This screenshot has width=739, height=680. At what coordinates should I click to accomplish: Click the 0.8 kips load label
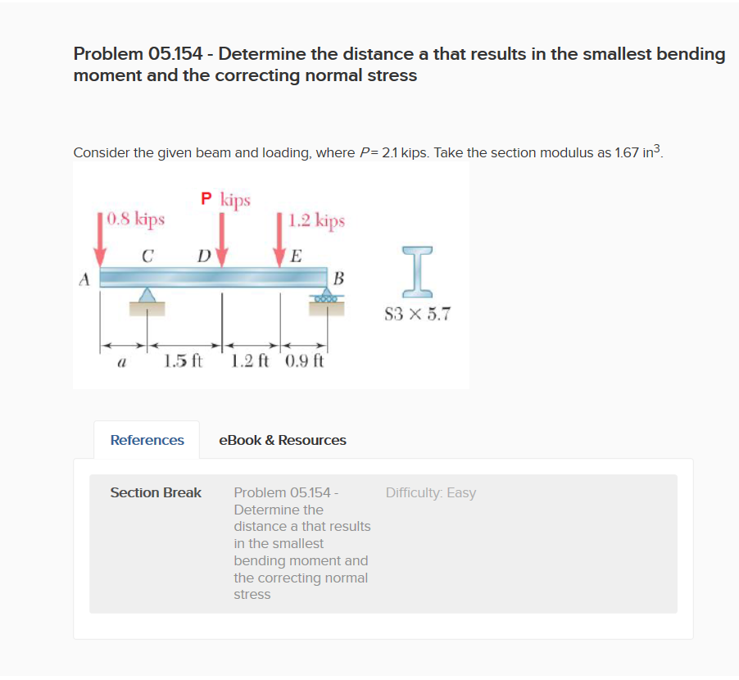coord(137,220)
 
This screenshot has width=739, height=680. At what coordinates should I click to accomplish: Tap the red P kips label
coord(226,199)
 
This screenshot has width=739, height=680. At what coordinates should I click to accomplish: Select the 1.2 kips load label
coord(317,221)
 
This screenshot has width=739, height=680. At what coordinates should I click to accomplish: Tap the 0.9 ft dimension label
coord(306,360)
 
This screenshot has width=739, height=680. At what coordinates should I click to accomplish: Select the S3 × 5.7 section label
coord(417,314)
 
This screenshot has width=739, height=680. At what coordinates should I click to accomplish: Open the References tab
coord(147,440)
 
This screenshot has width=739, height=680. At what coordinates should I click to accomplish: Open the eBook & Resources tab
coord(283,440)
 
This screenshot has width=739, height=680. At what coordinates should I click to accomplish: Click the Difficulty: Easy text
coord(430,492)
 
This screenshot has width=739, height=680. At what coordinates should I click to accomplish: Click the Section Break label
coord(156,492)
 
